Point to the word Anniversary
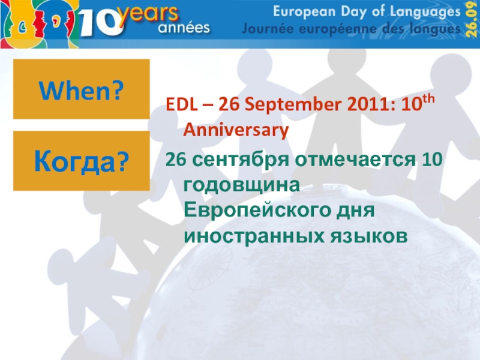(235, 129)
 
